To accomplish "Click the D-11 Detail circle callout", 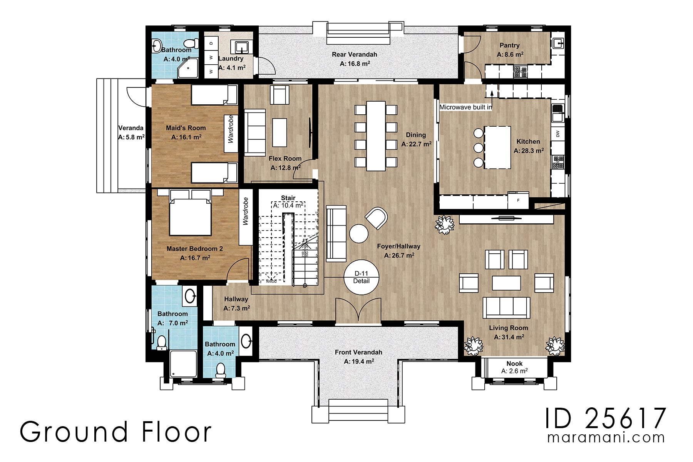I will pos(361,277).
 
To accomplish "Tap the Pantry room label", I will pos(509,45).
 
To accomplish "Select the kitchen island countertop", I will pos(497,147).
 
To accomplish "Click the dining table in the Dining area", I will pos(376,136).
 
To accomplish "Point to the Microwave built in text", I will pos(465,107).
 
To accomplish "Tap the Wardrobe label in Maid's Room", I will pos(231,129).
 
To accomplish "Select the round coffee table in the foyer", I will pos(358,234).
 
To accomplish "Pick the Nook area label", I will pos(514,363).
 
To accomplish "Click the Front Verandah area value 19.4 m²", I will pos(359,362).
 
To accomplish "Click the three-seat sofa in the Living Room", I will pos(506,307).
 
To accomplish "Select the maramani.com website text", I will pos(606,438).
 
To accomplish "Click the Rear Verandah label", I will pos(354,55).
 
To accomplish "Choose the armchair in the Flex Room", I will pos(280,94).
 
